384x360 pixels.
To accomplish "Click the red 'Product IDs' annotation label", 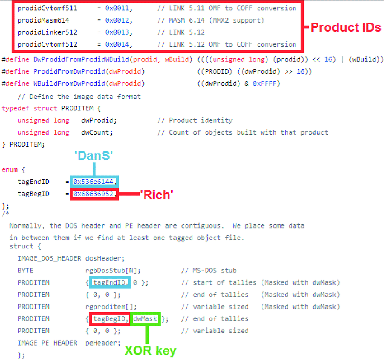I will click(x=346, y=28).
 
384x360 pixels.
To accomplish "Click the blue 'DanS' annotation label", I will click(x=94, y=155).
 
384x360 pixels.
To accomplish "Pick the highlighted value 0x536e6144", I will click(x=94, y=182).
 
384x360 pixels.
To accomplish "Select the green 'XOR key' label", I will click(x=151, y=351).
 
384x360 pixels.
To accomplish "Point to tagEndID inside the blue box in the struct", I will click(x=110, y=283).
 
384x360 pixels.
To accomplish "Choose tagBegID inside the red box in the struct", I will click(x=110, y=319).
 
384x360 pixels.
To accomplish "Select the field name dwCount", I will click(x=97, y=132).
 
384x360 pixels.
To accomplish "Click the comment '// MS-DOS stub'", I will click(x=208, y=271).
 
